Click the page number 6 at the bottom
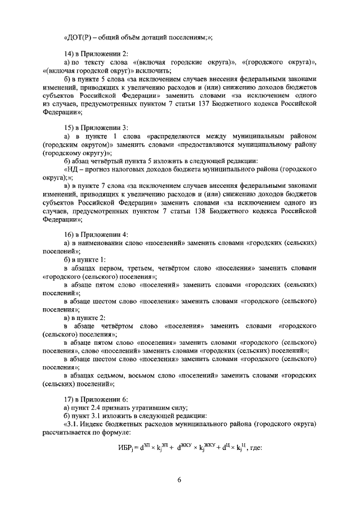point(179,479)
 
